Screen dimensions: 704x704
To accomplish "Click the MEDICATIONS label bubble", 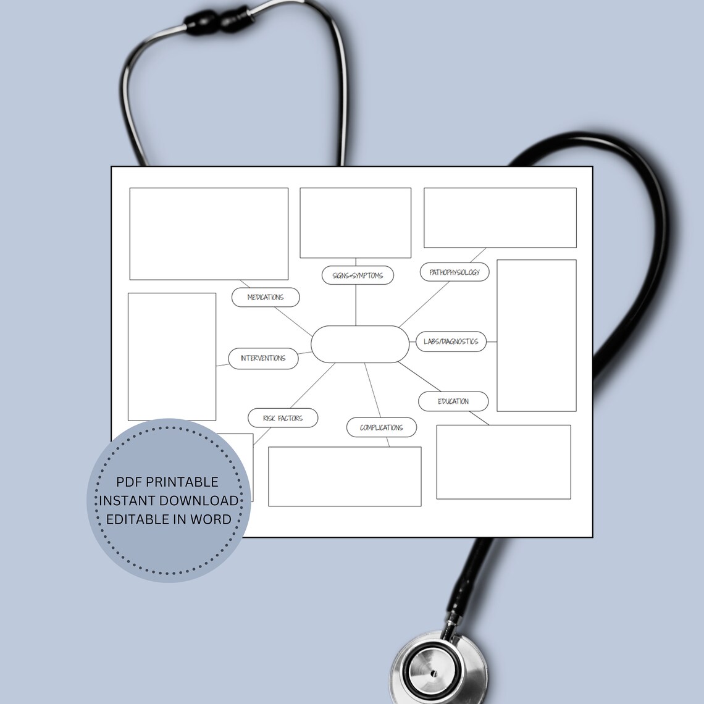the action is (266, 297).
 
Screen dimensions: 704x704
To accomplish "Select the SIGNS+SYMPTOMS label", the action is (358, 275).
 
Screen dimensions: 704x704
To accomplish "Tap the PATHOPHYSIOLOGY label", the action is (455, 272).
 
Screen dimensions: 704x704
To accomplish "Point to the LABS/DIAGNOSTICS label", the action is (451, 342).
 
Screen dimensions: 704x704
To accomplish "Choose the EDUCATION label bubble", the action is (453, 401).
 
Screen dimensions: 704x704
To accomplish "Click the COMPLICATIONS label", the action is (381, 427).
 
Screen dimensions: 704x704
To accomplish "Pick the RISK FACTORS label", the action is (283, 418).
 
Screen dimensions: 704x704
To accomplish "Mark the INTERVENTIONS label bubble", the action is (263, 358).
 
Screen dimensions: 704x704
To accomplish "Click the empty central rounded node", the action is (360, 344).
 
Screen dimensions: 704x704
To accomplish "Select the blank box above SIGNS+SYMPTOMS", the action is (355, 223).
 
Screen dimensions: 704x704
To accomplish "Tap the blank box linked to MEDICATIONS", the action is (209, 233).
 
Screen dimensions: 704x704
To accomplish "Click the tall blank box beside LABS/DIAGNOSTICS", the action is (536, 335).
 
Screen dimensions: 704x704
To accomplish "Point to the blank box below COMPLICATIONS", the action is (345, 476).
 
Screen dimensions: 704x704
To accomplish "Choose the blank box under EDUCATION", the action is (503, 461).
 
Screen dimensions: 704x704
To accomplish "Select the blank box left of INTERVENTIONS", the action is (172, 356).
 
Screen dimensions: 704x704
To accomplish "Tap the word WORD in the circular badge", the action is (211, 519).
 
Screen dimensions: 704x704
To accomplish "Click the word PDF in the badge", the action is (129, 482).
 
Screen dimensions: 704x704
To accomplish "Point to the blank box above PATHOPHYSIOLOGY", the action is (500, 217).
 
